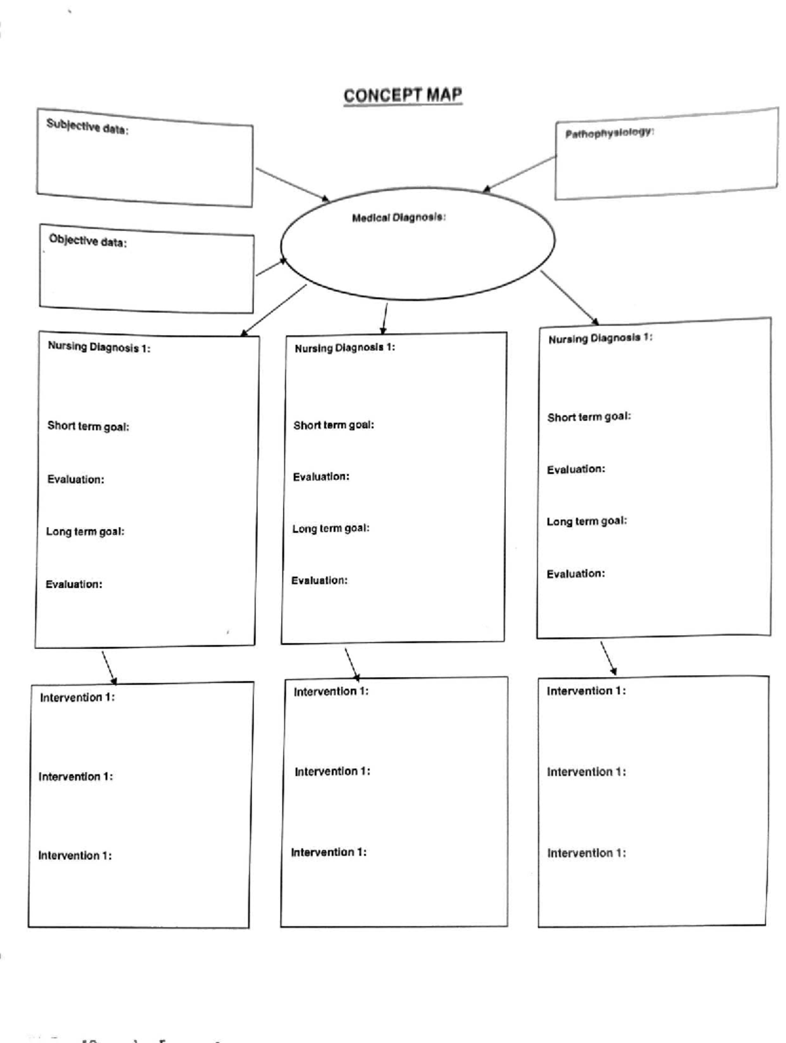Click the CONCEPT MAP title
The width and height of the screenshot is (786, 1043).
403,96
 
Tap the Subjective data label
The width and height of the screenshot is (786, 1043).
87,126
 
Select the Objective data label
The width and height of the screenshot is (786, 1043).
88,241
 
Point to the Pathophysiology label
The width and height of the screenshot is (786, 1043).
609,133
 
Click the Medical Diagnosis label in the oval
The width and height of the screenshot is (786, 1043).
399,217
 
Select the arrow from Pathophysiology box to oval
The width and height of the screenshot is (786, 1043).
519,174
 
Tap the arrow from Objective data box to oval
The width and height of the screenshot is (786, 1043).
271,267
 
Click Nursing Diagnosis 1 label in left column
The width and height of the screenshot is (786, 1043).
99,347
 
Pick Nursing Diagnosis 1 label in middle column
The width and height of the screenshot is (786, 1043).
345,348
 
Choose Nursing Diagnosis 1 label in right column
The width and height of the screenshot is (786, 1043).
600,339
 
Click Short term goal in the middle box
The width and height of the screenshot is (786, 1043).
333,425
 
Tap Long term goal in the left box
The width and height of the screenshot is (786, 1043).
85,532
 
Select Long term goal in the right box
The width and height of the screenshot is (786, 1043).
587,521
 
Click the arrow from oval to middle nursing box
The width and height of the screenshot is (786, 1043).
384,318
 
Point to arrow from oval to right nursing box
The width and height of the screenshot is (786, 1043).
569,297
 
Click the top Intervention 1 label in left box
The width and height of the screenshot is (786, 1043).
77,697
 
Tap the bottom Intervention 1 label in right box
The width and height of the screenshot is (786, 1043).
586,853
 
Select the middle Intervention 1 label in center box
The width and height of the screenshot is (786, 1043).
332,772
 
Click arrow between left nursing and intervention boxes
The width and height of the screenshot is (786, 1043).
109,667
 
